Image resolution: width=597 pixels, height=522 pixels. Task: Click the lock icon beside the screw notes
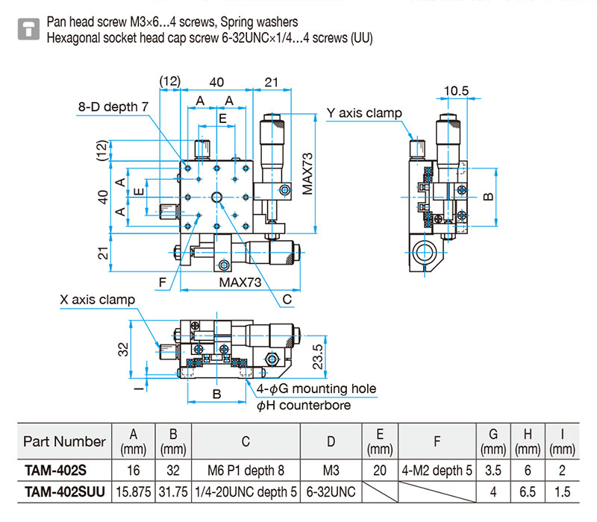click(28, 29)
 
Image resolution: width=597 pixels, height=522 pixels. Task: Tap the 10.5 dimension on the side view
click(456, 91)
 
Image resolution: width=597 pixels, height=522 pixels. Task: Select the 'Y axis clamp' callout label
click(364, 113)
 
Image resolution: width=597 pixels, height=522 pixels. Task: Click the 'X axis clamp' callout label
click(98, 300)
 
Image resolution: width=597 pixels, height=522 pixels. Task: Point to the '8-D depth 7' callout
click(113, 107)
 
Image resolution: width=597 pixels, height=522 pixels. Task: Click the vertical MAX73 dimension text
click(307, 174)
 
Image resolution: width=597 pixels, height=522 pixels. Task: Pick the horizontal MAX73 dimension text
click(240, 283)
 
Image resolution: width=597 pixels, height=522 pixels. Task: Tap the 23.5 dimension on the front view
click(318, 357)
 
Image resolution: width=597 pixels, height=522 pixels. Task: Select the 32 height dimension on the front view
click(123, 349)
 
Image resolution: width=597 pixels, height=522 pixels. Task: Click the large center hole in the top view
click(216, 197)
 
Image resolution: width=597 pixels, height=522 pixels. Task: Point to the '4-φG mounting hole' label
click(316, 389)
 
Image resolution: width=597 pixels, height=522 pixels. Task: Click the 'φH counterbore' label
click(304, 406)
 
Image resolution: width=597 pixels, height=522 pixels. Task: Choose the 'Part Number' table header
click(64, 441)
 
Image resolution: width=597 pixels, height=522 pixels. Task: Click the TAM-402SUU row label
click(65, 492)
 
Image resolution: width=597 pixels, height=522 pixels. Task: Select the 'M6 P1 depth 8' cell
click(246, 471)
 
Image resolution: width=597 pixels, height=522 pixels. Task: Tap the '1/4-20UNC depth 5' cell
click(246, 492)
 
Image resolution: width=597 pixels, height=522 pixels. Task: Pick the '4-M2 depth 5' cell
click(437, 471)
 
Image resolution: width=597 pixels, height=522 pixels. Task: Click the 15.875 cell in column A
click(134, 492)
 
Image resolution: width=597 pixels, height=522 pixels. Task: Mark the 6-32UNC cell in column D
click(331, 492)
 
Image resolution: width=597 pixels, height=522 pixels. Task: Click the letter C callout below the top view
click(287, 300)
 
